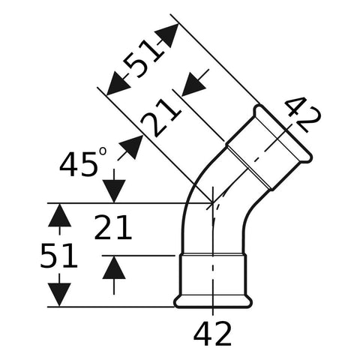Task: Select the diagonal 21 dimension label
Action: (160, 118)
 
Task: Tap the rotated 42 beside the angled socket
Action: (303, 114)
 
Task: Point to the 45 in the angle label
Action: (78, 164)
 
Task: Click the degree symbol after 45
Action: (103, 151)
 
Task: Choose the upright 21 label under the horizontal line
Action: (112, 227)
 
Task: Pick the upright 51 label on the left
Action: (58, 256)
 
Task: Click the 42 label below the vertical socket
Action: (212, 334)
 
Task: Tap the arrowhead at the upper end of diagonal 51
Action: (167, 35)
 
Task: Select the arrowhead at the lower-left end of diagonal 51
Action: (118, 83)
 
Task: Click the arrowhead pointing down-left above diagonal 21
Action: (193, 85)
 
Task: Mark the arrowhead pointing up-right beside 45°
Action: (131, 147)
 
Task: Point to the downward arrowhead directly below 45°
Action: (114, 191)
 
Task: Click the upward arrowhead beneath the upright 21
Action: (114, 268)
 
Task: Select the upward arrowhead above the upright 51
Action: (59, 215)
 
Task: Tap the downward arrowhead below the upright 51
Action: (59, 295)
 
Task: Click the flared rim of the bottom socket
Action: (213, 302)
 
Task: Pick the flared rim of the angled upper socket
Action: (283, 134)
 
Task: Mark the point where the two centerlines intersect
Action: (212, 203)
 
